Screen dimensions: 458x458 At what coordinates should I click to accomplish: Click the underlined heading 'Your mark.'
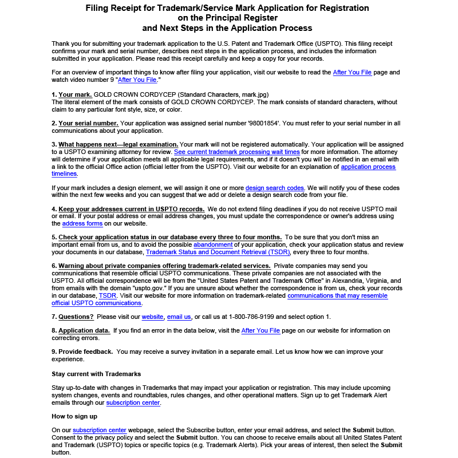click(74, 94)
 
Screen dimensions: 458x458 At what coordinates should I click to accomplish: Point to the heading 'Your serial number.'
click(88, 123)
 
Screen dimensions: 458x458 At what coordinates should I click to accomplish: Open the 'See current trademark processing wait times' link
click(237, 152)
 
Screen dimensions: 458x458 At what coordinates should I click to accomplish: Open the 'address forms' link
click(81, 223)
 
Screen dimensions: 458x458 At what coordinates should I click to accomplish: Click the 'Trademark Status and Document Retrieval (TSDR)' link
click(218, 252)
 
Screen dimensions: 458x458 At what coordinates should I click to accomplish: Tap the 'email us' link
click(179, 317)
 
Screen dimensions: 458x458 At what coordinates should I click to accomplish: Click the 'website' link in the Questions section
click(152, 317)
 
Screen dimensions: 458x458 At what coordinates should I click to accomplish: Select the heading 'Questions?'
click(76, 317)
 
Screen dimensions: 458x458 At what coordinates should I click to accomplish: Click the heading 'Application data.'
click(84, 330)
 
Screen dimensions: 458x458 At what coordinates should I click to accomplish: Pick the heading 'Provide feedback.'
click(85, 352)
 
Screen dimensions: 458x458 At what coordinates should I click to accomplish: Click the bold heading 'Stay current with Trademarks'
click(96, 374)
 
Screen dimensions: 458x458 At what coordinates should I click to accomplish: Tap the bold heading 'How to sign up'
click(74, 416)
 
